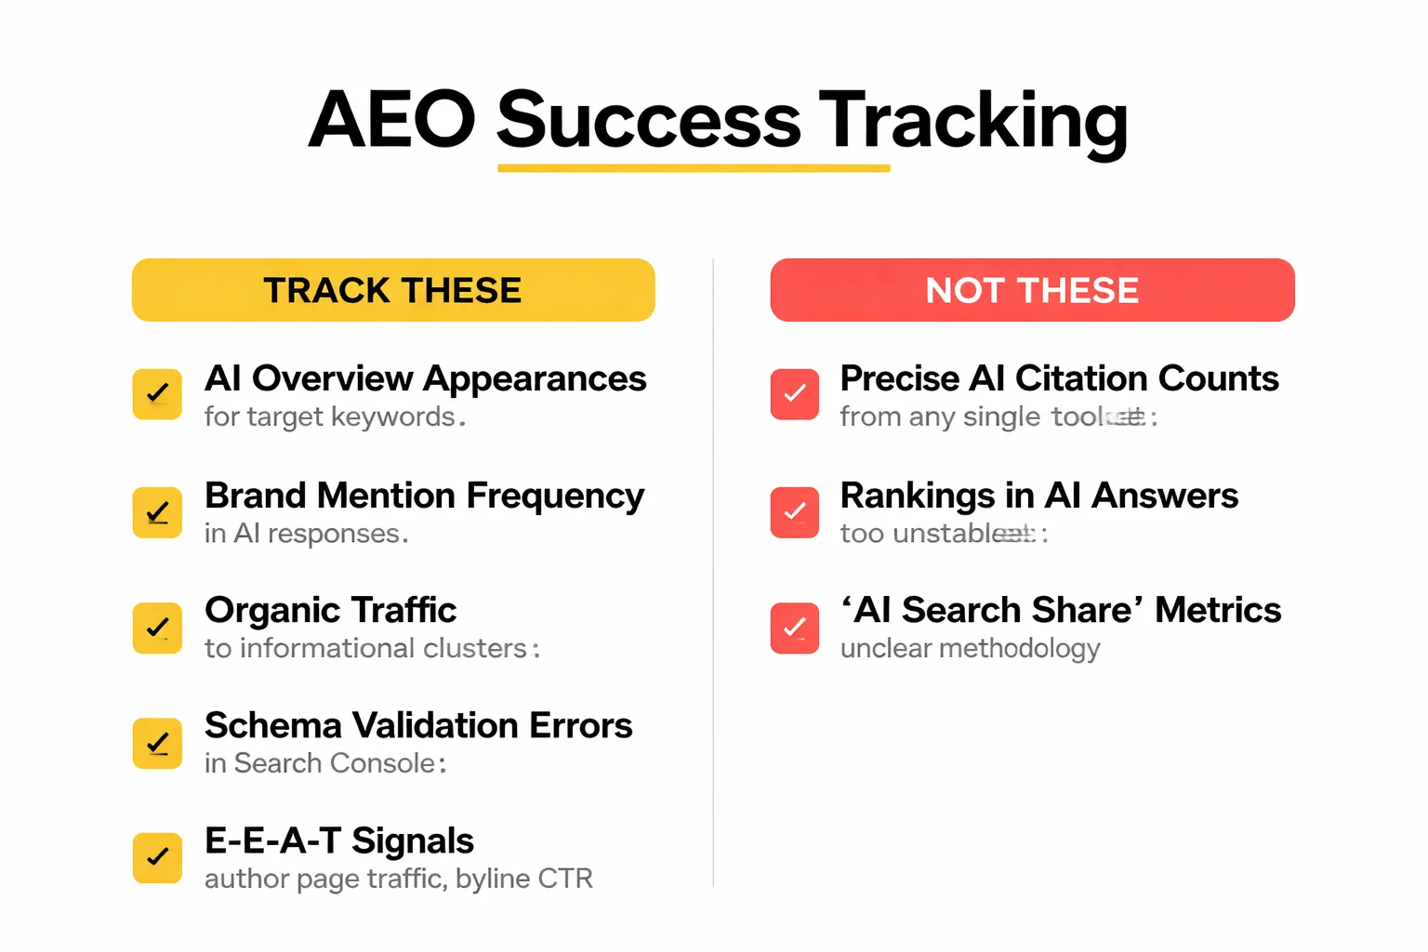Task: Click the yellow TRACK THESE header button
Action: (x=393, y=290)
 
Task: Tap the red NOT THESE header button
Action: (x=1032, y=290)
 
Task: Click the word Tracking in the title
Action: (x=972, y=121)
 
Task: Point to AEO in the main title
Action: (x=391, y=121)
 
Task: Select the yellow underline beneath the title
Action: (x=694, y=168)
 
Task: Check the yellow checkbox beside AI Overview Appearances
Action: (x=157, y=394)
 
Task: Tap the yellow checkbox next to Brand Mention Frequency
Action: (x=157, y=512)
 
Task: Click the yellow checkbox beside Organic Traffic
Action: (x=157, y=628)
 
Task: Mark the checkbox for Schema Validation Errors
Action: (x=157, y=743)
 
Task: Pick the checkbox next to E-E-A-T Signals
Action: (x=157, y=857)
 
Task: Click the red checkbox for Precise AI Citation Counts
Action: (x=795, y=394)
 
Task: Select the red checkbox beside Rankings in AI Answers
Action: (x=795, y=512)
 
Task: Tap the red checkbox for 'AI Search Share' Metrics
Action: (x=795, y=628)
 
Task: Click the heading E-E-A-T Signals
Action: (x=339, y=840)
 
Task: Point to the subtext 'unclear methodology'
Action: (x=970, y=648)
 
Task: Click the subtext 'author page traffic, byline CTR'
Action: (x=398, y=879)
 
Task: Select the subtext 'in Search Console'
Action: (x=321, y=763)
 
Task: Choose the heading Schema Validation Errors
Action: (x=418, y=725)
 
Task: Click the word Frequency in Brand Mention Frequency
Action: (x=555, y=496)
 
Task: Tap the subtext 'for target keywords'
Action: (x=330, y=416)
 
